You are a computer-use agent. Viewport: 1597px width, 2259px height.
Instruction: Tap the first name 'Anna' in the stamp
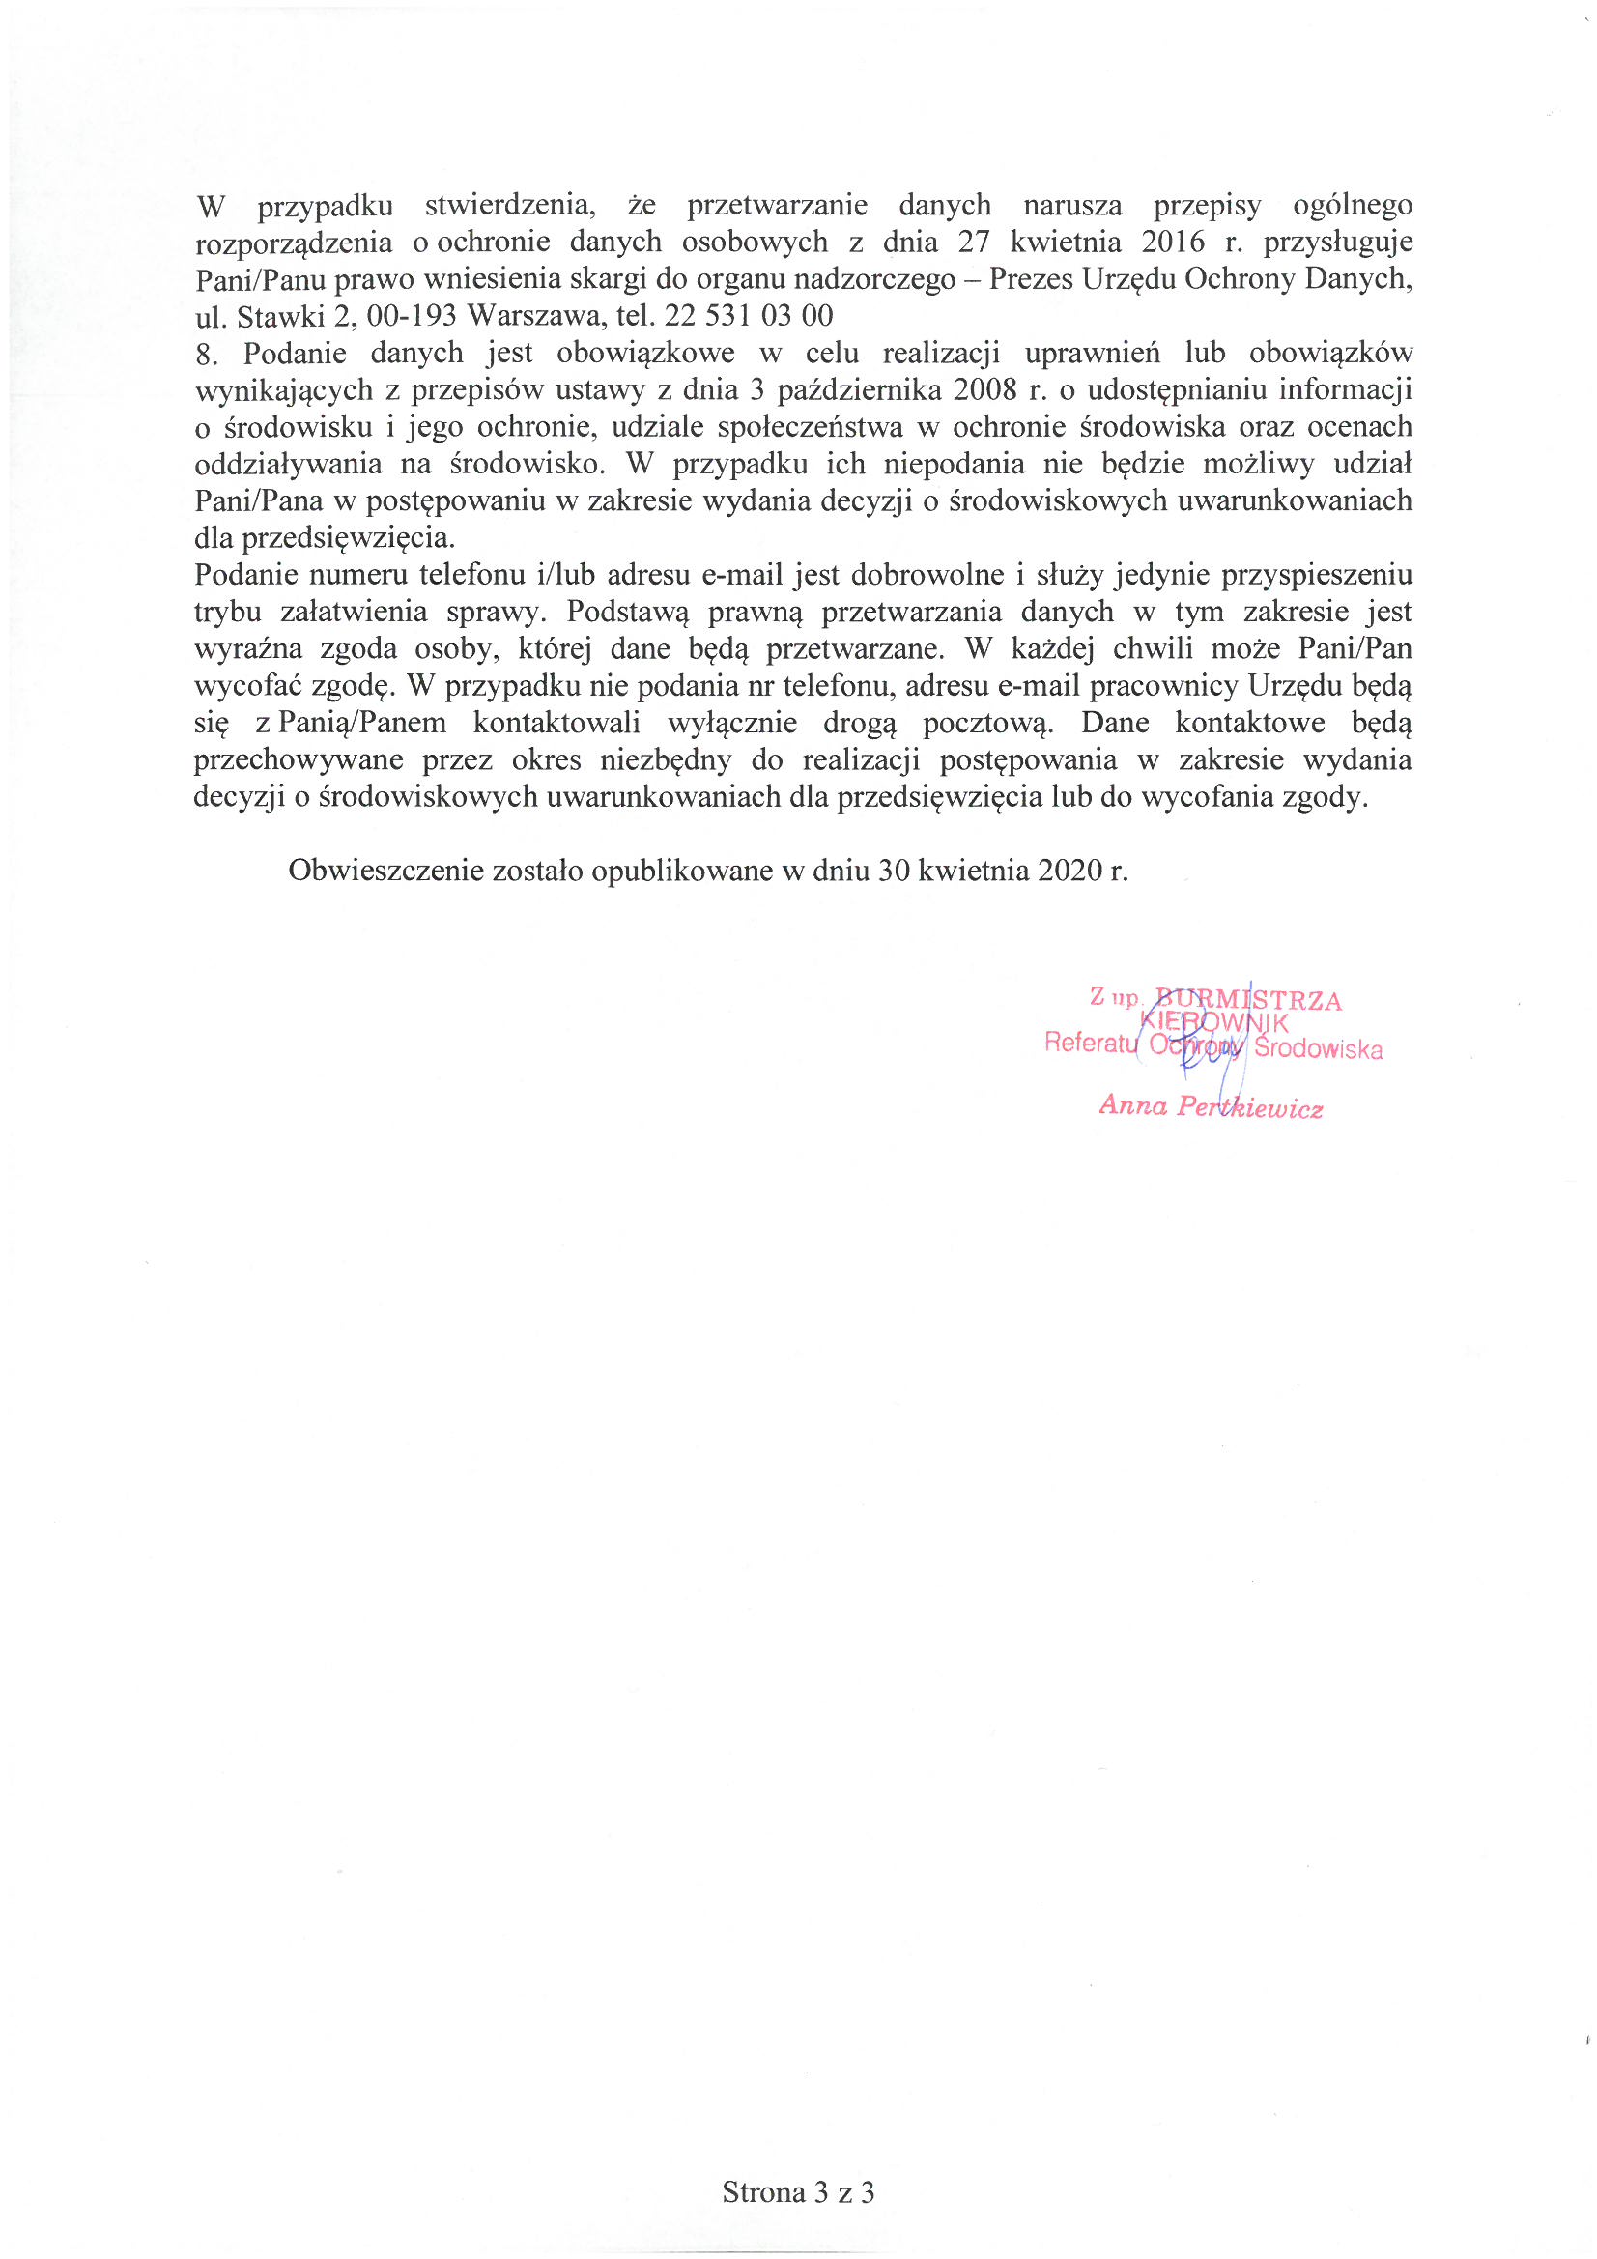[1133, 1106]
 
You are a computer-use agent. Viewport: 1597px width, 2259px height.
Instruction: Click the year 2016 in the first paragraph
[1173, 242]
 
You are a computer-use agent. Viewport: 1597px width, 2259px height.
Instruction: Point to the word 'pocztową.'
[989, 723]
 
